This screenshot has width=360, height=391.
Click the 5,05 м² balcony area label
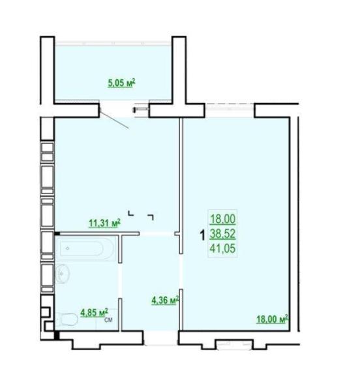(121, 83)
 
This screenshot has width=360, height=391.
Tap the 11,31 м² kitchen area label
(105, 223)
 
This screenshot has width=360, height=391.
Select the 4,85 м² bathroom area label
(94, 312)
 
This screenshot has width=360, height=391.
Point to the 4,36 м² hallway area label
(166, 300)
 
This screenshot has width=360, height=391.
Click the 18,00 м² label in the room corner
(273, 319)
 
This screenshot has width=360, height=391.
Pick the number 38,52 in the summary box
(222, 234)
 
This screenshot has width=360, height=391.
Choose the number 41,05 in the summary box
(222, 248)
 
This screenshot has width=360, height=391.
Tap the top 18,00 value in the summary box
(222, 219)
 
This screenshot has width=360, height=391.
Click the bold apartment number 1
(203, 235)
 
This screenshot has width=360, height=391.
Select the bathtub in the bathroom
(85, 248)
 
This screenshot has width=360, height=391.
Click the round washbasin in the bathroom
(63, 274)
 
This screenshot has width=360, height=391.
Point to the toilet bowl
(67, 319)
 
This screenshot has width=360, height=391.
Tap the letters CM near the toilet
(108, 320)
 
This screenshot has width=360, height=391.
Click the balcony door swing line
(114, 120)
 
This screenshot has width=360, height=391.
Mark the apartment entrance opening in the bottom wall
(161, 338)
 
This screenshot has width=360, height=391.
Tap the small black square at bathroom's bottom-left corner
(57, 335)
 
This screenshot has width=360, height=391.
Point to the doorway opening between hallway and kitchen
(157, 234)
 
